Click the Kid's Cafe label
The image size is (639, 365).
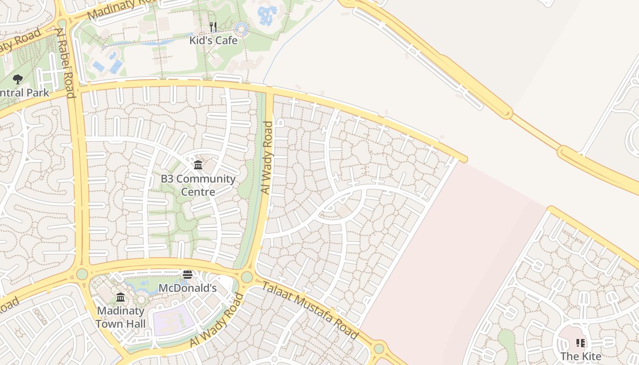coord(214,40)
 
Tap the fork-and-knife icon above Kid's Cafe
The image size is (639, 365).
coord(213,27)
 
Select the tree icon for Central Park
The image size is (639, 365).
coord(18,80)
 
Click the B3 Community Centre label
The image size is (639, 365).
coord(198,185)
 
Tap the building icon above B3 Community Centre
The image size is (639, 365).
coord(198,165)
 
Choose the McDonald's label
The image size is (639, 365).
coord(187,288)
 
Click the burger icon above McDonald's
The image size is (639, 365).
coord(187,275)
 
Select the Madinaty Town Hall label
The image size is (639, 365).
coord(120,317)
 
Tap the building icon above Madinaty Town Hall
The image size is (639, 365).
coord(120,297)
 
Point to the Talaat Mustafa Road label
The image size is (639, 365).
coord(310,310)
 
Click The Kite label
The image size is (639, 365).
coord(581,356)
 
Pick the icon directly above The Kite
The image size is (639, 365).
coord(581,343)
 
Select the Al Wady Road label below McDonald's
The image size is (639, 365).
coord(217,319)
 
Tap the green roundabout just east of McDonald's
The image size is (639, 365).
coord(247,277)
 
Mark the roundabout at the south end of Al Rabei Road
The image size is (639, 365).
coord(82,274)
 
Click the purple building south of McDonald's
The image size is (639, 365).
coord(174,319)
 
